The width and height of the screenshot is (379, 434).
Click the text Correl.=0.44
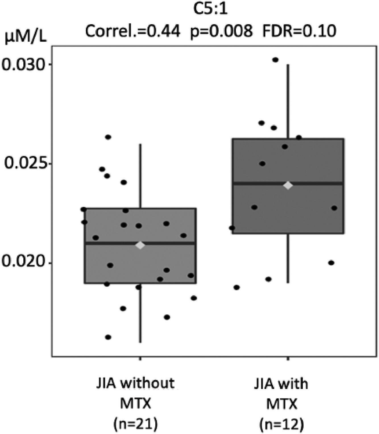pyautogui.click(x=133, y=31)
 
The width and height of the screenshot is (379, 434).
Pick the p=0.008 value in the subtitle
pyautogui.click(x=221, y=31)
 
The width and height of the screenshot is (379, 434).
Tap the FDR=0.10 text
pyautogui.click(x=299, y=31)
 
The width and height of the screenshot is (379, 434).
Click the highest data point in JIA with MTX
pyautogui.click(x=275, y=60)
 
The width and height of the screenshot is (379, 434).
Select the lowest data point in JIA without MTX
pyautogui.click(x=108, y=337)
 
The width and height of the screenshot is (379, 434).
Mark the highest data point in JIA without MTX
pyautogui.click(x=108, y=137)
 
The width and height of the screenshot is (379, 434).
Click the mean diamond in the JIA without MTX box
pyautogui.click(x=140, y=245)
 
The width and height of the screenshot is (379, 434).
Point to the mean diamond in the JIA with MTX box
pyautogui.click(x=288, y=185)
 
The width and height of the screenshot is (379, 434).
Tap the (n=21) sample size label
pyautogui.click(x=135, y=425)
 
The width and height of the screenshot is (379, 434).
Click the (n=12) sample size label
pyautogui.click(x=282, y=425)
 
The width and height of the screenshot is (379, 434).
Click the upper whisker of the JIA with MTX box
pyautogui.click(x=288, y=99)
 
